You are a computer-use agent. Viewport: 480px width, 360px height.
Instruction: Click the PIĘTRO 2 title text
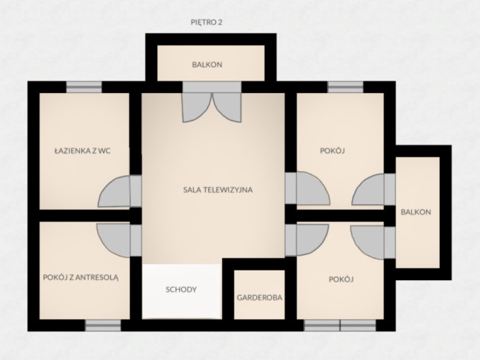click(206, 22)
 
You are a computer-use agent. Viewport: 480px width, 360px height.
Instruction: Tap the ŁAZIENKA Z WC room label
click(83, 151)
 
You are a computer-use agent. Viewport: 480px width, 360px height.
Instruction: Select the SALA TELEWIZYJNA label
click(218, 190)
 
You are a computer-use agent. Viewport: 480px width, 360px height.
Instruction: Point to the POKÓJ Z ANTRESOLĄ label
click(80, 277)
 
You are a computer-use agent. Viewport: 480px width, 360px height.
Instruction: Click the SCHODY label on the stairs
click(181, 290)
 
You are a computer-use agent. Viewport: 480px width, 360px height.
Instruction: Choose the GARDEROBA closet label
click(259, 297)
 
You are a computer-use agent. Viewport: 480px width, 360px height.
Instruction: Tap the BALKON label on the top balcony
click(207, 65)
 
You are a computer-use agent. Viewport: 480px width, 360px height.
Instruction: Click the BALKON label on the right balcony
click(416, 212)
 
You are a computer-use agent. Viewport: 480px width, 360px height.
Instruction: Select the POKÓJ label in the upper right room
click(332, 151)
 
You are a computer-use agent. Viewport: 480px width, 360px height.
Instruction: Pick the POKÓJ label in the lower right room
click(341, 280)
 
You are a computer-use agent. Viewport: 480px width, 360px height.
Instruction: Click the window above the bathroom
click(84, 87)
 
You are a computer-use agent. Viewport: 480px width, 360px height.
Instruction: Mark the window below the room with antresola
click(103, 326)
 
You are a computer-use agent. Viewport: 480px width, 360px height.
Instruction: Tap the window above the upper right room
click(346, 87)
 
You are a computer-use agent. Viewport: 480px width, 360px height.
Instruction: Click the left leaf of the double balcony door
click(197, 108)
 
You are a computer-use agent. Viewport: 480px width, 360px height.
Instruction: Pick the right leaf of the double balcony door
click(227, 108)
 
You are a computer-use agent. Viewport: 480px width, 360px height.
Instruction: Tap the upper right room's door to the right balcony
click(368, 189)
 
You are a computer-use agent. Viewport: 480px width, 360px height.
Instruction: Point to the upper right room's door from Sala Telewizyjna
click(313, 189)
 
